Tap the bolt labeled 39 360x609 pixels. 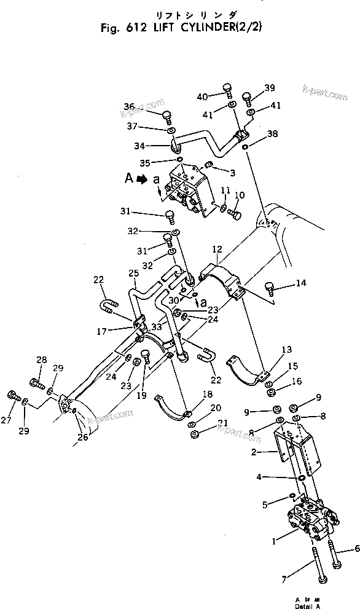pyautogui.click(x=247, y=97)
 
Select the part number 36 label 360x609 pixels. pyautogui.click(x=129, y=106)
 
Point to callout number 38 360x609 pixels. pyautogui.click(x=273, y=133)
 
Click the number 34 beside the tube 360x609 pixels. pyautogui.click(x=139, y=146)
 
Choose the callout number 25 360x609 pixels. pyautogui.click(x=133, y=273)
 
